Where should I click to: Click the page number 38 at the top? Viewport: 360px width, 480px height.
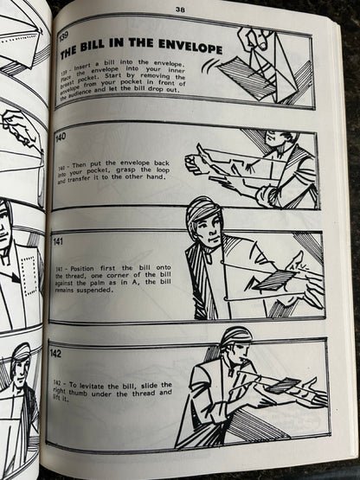point(180,10)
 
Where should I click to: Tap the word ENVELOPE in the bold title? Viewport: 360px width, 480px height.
point(190,46)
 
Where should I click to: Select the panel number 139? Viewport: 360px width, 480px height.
point(63,37)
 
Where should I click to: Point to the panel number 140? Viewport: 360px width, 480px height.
point(61,137)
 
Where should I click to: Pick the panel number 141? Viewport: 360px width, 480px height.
point(58,241)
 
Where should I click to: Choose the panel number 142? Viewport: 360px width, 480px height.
point(55,354)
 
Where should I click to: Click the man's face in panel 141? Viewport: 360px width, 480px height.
point(207,228)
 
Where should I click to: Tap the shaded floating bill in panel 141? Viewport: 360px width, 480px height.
point(273,280)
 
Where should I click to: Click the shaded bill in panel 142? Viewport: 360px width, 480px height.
point(282,386)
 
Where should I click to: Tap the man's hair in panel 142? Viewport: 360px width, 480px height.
point(237,336)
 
